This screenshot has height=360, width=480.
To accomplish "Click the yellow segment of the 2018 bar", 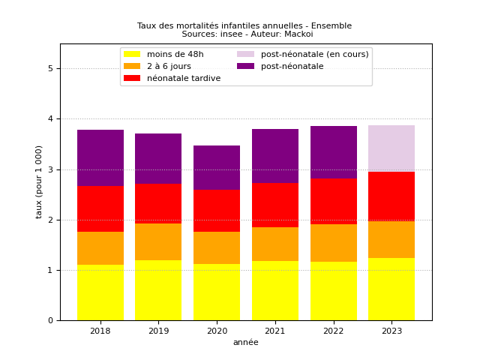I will pyautogui.click(x=100, y=292).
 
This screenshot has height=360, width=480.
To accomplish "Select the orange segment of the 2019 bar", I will pyautogui.click(x=158, y=241).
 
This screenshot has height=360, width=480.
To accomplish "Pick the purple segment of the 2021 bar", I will pyautogui.click(x=274, y=156).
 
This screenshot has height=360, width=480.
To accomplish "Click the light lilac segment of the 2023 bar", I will pyautogui.click(x=391, y=148).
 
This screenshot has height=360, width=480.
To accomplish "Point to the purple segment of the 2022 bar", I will pyautogui.click(x=333, y=152).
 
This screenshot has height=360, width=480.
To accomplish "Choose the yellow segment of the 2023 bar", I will pyautogui.click(x=391, y=289).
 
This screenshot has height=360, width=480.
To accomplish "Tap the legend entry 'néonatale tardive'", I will pyautogui.click(x=184, y=78).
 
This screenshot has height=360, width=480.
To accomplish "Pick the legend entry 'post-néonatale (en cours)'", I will pyautogui.click(x=314, y=54).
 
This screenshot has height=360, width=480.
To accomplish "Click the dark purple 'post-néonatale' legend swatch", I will pyautogui.click(x=246, y=66).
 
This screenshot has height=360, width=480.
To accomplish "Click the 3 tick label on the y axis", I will pyautogui.click(x=49, y=169).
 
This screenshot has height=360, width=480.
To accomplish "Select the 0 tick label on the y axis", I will pyautogui.click(x=49, y=321).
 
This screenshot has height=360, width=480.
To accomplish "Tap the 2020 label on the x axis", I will pyautogui.click(x=217, y=331).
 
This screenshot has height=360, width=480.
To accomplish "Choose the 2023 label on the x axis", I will pyautogui.click(x=391, y=331).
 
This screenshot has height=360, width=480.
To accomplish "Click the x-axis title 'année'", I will pyautogui.click(x=245, y=343).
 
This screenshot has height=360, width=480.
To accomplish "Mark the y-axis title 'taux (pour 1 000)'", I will pyautogui.click(x=40, y=181).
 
